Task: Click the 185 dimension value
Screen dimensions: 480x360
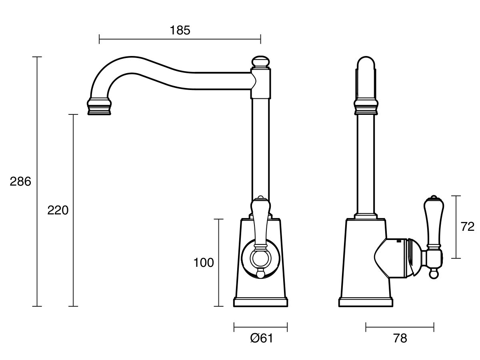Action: pos(180,30)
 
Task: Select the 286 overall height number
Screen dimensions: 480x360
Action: pos(20,182)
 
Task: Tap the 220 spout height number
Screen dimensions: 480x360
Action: pos(58,210)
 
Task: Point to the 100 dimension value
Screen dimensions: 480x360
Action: pos(204,262)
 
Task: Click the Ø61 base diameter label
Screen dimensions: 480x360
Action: pos(262,338)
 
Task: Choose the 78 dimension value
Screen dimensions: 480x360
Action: pos(400,338)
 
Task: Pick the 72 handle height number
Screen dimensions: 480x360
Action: pos(468,227)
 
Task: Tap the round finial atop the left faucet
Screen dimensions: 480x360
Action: pos(260,62)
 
